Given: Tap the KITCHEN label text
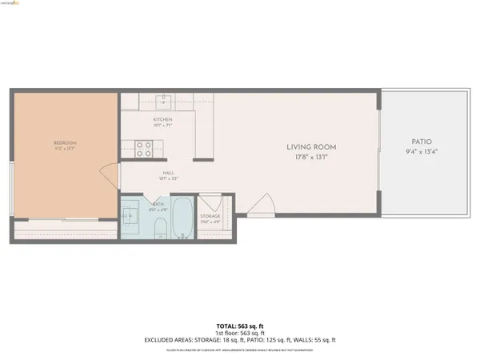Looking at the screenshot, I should click(163, 119).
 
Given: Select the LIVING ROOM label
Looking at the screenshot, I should click(311, 147).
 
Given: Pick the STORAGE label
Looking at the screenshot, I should click(210, 216).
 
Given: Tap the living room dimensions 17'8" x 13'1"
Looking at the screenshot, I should click(311, 157).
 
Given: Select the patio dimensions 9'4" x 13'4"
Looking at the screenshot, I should click(421, 151).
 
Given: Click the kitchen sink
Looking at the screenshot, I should click(164, 101).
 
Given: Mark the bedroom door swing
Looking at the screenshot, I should click(106, 175).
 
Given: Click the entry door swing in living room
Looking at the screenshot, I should click(259, 207).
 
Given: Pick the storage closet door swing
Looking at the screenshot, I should click(210, 202).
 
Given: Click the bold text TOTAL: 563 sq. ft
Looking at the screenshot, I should click(240, 326).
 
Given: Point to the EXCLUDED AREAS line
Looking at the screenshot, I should click(240, 341).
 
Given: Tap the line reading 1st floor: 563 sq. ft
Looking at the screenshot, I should click(240, 333).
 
